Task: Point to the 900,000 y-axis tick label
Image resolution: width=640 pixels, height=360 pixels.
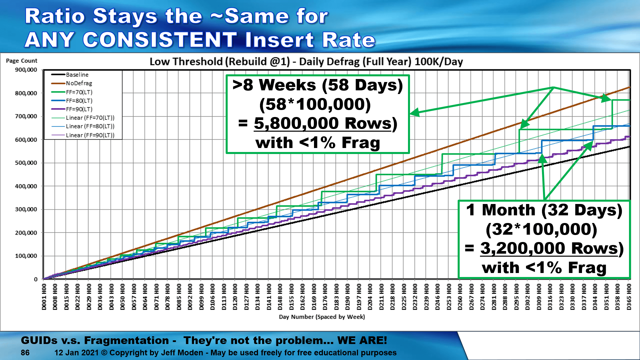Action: coord(26,70)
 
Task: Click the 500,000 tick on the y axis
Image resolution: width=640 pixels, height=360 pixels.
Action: coord(26,163)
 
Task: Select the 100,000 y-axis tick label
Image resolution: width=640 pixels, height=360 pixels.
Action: coord(26,256)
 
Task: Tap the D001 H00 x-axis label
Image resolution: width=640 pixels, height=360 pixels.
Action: coord(44,297)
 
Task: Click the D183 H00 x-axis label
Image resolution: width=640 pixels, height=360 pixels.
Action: coord(336,297)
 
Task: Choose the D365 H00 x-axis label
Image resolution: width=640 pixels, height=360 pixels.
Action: coord(629,297)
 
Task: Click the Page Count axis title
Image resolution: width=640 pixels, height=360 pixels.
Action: coord(22,61)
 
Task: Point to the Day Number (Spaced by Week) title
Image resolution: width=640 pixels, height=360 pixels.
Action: coord(322,317)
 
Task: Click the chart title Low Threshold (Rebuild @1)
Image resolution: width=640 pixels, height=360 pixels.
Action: coord(220,62)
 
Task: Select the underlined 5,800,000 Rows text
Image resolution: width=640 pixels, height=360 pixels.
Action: coord(323,123)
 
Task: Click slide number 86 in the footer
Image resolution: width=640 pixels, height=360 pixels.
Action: coord(25,353)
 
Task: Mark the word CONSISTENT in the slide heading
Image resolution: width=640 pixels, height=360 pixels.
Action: coord(160,40)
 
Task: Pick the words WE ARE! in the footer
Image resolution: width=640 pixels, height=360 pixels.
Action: coord(362,340)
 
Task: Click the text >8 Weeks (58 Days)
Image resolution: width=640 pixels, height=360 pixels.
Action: coord(318,85)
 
